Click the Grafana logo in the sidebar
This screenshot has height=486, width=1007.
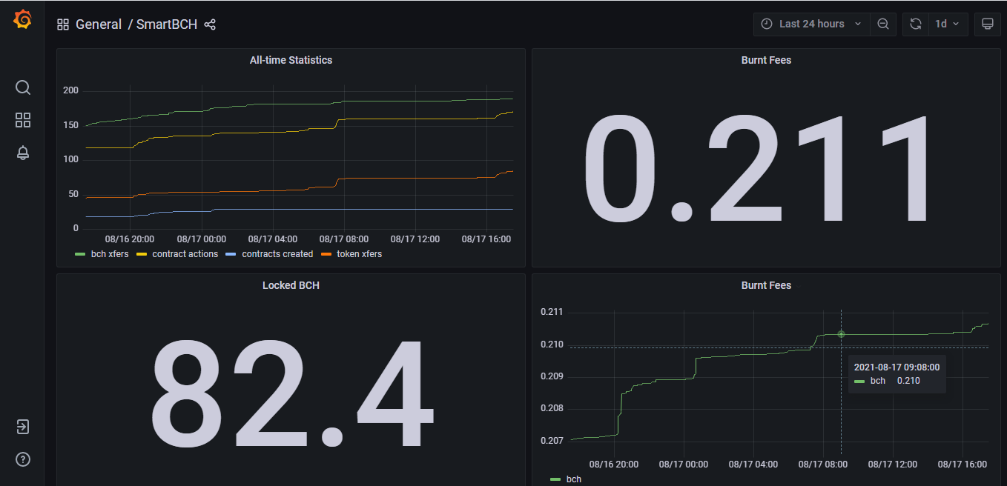(22, 20)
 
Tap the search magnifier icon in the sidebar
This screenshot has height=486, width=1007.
(23, 87)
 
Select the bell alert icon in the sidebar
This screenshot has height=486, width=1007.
(23, 153)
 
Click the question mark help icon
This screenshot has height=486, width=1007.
(23, 459)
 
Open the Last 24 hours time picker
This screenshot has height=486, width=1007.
(811, 24)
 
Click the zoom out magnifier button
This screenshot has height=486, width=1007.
(883, 24)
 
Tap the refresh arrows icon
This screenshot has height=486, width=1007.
(916, 24)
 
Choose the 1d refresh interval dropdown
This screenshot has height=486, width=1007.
(948, 24)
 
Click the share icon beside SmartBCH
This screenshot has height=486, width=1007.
(210, 24)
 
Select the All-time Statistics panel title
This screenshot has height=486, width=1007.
(291, 60)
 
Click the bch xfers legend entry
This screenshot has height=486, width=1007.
(102, 254)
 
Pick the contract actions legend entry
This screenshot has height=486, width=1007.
(177, 254)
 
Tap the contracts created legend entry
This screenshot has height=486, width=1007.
(269, 254)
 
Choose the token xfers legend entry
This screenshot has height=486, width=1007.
(351, 254)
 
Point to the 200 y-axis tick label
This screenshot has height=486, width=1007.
(70, 90)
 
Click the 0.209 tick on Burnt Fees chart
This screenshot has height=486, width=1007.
(552, 376)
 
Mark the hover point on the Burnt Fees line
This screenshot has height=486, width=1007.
(841, 334)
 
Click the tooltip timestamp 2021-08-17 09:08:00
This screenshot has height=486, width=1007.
(897, 367)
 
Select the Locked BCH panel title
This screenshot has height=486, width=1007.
(291, 285)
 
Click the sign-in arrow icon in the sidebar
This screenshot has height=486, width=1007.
(23, 426)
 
